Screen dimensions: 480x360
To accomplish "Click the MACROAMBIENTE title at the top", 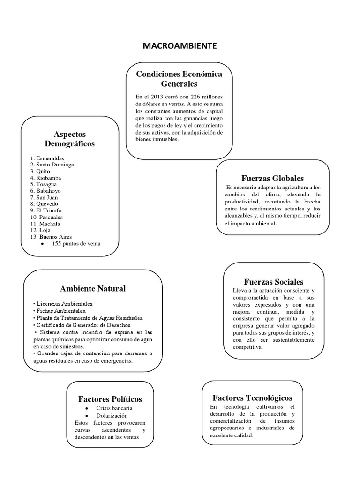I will pos(180,46).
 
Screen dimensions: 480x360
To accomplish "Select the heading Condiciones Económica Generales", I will pos(179,79).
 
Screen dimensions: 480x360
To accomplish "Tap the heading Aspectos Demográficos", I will pos(70,139).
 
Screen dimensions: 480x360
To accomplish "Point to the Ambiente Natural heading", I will pos(93,288).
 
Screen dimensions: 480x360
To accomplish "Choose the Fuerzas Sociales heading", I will pos(273,282).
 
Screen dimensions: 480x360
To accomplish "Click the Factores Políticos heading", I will pos(110,399).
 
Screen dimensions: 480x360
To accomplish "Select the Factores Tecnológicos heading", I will pos(252,397).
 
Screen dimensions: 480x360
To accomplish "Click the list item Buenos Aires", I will pos(52,237).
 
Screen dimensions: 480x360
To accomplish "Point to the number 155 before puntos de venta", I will pos(57,243).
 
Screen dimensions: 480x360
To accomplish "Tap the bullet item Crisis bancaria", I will pos(114,408).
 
